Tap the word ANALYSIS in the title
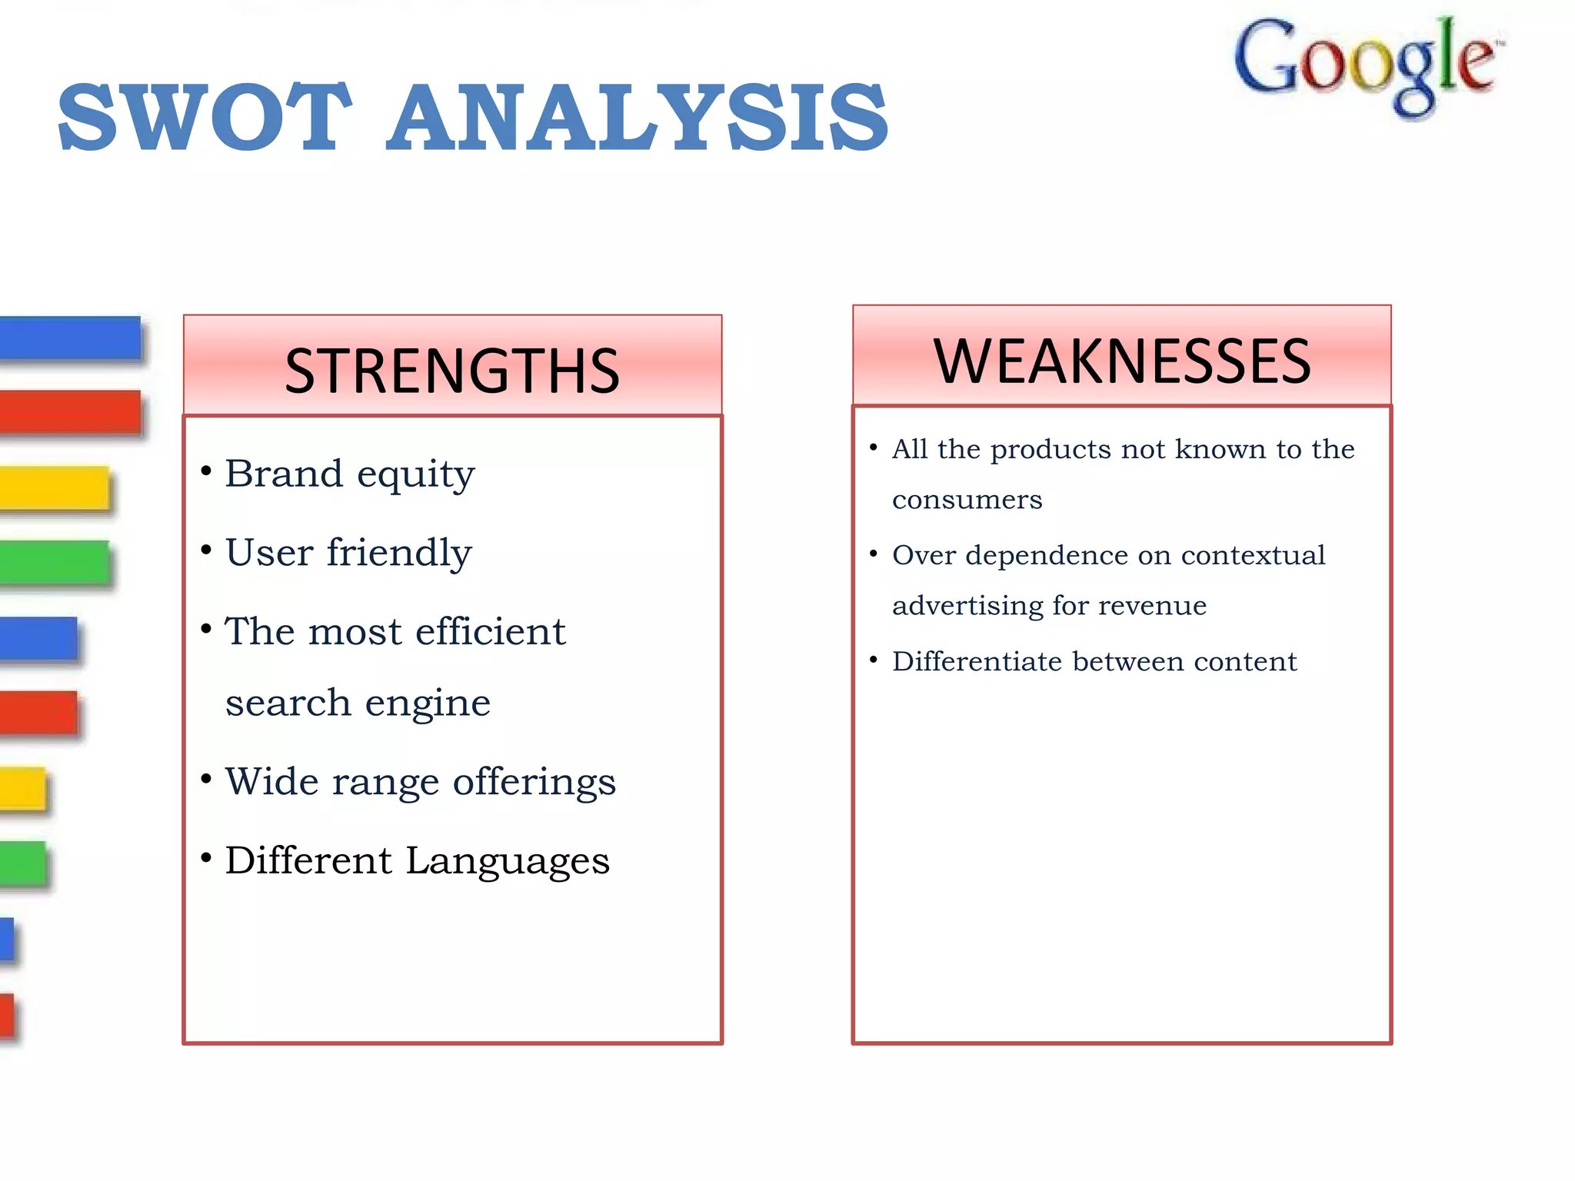(x=637, y=118)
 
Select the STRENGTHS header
(x=452, y=371)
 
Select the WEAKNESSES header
(x=1121, y=361)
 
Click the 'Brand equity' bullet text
(x=350, y=474)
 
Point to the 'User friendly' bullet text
(x=348, y=553)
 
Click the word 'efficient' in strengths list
(x=491, y=632)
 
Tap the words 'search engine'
(x=358, y=703)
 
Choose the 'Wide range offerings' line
(x=420, y=782)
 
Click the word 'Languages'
(x=508, y=861)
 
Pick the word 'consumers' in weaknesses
(x=967, y=501)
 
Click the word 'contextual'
(x=1253, y=555)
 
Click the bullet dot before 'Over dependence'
(x=874, y=554)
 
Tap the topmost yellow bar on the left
(x=54, y=487)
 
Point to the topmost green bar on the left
(x=54, y=562)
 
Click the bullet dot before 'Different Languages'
(x=206, y=857)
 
